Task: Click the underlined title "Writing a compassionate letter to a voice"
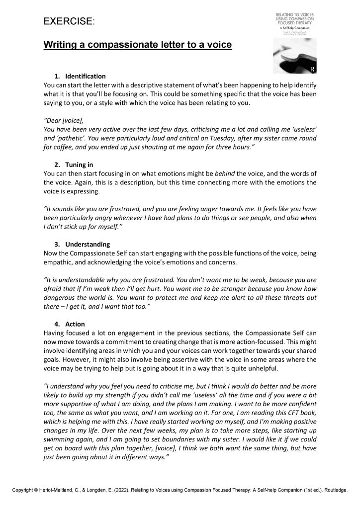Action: pyautogui.click(x=137, y=45)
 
